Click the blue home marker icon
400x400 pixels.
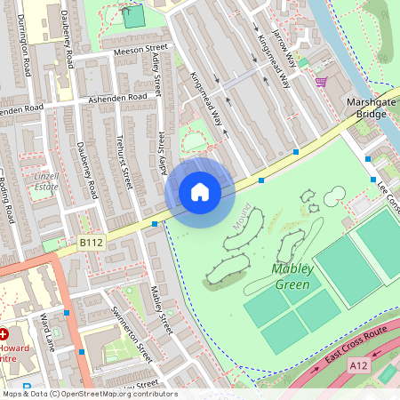click(x=200, y=191)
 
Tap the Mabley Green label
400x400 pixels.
click(x=284, y=276)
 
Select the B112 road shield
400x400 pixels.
click(x=90, y=241)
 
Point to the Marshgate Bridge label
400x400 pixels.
click(x=366, y=108)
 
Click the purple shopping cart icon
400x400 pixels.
click(x=320, y=82)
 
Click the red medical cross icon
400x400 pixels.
click(x=4, y=333)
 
